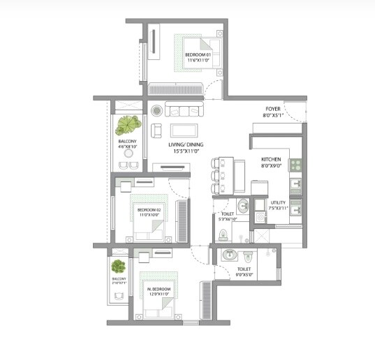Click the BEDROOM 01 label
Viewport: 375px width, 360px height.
pyautogui.click(x=198, y=54)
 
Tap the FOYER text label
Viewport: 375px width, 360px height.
pyautogui.click(x=272, y=108)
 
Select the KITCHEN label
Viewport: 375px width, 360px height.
pyautogui.click(x=271, y=159)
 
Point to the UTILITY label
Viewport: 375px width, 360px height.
pyautogui.click(x=279, y=202)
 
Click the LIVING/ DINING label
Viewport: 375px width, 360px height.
pyautogui.click(x=187, y=143)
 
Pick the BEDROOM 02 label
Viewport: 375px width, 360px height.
pyautogui.click(x=149, y=210)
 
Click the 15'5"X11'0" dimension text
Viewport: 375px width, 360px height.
pyautogui.click(x=187, y=151)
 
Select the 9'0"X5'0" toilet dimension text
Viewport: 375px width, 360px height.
pyautogui.click(x=244, y=274)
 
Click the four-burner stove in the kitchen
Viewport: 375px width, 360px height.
pyautogui.click(x=295, y=165)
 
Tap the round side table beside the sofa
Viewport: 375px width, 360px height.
pyautogui.click(x=156, y=110)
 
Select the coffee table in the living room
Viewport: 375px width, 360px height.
pyautogui.click(x=185, y=130)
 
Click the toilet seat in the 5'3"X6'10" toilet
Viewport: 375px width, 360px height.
pyautogui.click(x=242, y=207)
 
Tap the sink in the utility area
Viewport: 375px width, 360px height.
pyautogui.click(x=296, y=207)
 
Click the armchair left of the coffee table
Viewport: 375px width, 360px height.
pyautogui.click(x=156, y=130)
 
